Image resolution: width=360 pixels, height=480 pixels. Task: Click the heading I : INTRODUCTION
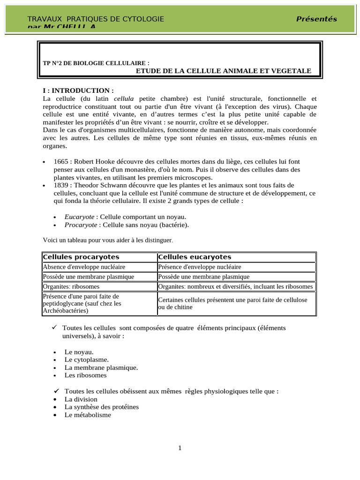(x=78, y=90)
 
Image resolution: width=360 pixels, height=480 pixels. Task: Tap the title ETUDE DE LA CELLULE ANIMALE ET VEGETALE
(x=223, y=71)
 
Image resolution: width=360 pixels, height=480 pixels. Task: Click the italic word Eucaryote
(x=79, y=217)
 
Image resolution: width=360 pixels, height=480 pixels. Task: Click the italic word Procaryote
(x=80, y=225)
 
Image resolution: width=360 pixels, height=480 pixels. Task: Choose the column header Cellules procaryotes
(x=81, y=257)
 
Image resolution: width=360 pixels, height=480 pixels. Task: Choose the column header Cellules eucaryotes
(x=195, y=257)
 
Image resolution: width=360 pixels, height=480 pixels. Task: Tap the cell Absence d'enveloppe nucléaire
(x=84, y=267)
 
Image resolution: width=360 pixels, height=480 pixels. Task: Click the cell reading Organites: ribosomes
(x=71, y=286)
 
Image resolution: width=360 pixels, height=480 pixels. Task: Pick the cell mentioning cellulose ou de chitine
(x=232, y=303)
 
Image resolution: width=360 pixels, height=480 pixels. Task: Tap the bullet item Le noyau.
(x=79, y=352)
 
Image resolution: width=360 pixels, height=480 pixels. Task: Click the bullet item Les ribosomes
(x=85, y=375)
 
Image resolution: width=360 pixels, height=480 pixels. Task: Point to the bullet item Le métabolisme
(x=88, y=415)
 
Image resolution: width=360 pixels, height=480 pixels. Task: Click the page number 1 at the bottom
(x=180, y=448)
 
